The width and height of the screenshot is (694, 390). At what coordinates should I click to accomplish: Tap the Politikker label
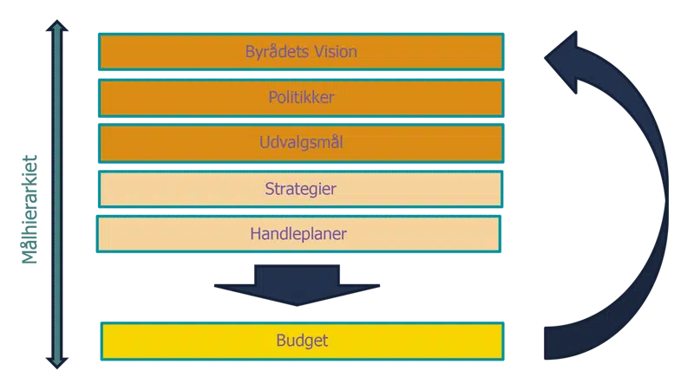click(301, 98)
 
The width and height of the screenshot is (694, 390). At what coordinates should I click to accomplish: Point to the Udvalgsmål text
click(301, 143)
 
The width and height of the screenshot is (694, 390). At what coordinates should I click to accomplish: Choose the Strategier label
click(301, 189)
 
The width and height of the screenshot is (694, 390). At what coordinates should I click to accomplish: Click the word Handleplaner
click(298, 234)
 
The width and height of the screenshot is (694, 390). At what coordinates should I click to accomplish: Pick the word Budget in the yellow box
click(302, 341)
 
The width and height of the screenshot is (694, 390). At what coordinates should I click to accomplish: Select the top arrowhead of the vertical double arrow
click(57, 28)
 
